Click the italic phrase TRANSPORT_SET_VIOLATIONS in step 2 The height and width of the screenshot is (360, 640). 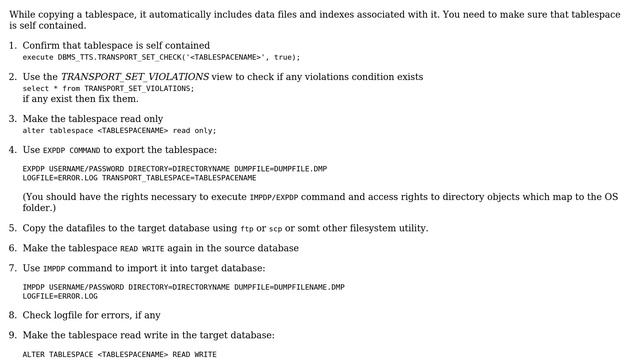pyautogui.click(x=135, y=76)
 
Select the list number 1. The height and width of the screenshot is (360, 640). pyautogui.click(x=12, y=46)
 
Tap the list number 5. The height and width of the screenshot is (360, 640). pyautogui.click(x=12, y=228)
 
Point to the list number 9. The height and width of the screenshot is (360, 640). pyautogui.click(x=12, y=335)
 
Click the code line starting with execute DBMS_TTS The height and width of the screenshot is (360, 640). pyautogui.click(x=161, y=57)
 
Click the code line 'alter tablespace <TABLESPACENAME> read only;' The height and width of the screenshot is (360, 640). pyautogui.click(x=119, y=130)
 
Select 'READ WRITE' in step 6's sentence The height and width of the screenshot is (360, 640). pyautogui.click(x=143, y=248)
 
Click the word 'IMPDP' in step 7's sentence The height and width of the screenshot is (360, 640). pyautogui.click(x=54, y=269)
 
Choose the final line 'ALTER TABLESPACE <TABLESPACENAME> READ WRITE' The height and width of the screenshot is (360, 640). pyautogui.click(x=119, y=354)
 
